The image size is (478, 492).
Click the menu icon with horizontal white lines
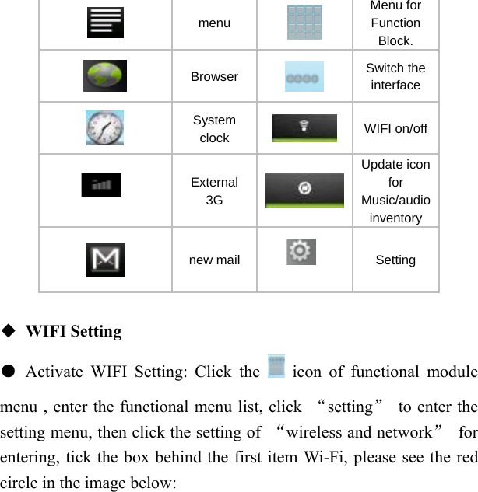[x=105, y=23]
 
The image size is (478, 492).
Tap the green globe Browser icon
[x=105, y=76]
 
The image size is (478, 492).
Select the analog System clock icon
[x=105, y=128]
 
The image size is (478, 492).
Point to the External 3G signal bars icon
[x=101, y=185]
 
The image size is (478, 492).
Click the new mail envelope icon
[x=105, y=260]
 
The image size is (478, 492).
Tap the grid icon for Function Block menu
[x=304, y=22]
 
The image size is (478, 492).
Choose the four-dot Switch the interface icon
[x=304, y=77]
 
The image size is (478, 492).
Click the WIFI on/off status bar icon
[x=304, y=128]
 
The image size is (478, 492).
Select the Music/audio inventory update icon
[x=304, y=190]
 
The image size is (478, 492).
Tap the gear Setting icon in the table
[x=301, y=251]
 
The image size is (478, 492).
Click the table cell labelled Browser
[x=214, y=76]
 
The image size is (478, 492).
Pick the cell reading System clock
[x=214, y=129]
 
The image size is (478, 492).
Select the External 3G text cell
[x=214, y=191]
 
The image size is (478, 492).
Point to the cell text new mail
[x=214, y=260]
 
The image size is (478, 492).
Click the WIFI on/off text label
[x=395, y=128]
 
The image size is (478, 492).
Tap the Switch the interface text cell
[x=395, y=76]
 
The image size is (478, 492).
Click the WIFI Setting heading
[x=74, y=332]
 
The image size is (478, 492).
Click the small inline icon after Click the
[x=276, y=366]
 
